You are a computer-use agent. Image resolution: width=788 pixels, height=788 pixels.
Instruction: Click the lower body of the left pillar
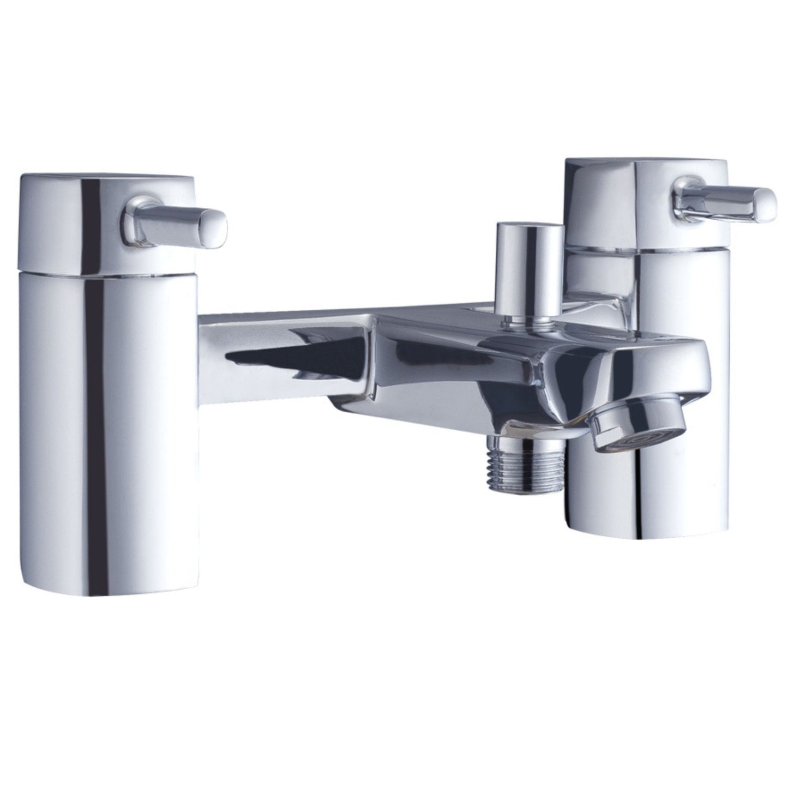click(x=109, y=382)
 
